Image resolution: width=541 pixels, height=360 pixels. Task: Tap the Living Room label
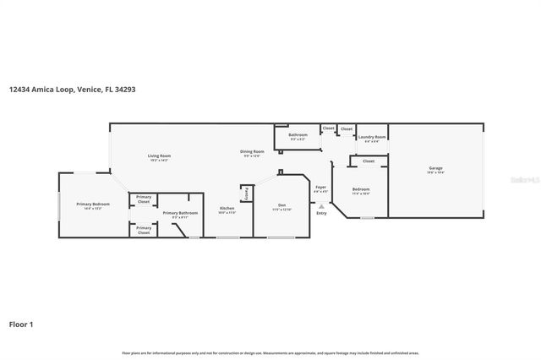coord(160,156)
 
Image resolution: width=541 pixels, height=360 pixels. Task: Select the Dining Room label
coord(253,153)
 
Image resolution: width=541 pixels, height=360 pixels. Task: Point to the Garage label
coord(435,169)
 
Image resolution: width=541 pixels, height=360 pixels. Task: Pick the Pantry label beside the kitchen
coord(246,194)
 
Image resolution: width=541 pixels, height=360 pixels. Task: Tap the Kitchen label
coord(227,209)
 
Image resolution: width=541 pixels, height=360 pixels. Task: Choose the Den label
coord(281,207)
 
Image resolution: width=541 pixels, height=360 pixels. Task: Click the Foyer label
coord(320,188)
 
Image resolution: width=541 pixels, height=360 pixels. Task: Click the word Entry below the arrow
coord(321,212)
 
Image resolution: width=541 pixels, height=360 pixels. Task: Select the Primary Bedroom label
coord(93,205)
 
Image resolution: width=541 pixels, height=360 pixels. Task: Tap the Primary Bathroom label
coord(180,214)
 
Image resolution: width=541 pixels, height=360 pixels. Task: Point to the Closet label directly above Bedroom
coord(369,161)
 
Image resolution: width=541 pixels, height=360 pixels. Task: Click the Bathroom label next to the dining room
coord(298,135)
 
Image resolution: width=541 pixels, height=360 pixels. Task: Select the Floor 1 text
coord(21,324)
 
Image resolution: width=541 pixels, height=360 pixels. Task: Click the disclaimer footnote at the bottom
coord(270,352)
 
